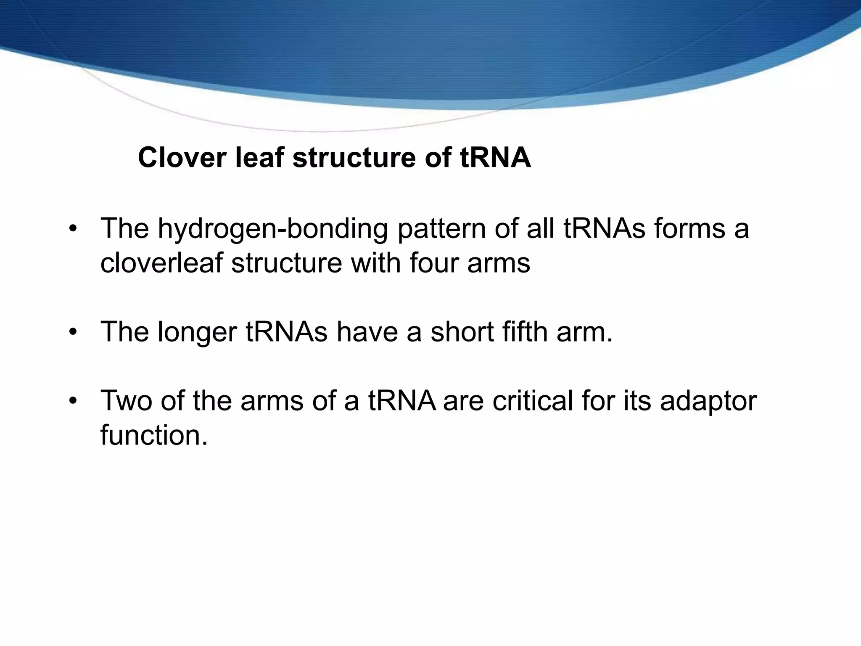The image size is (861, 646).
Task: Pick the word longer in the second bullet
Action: tap(198, 332)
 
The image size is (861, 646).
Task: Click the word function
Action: tap(154, 435)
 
